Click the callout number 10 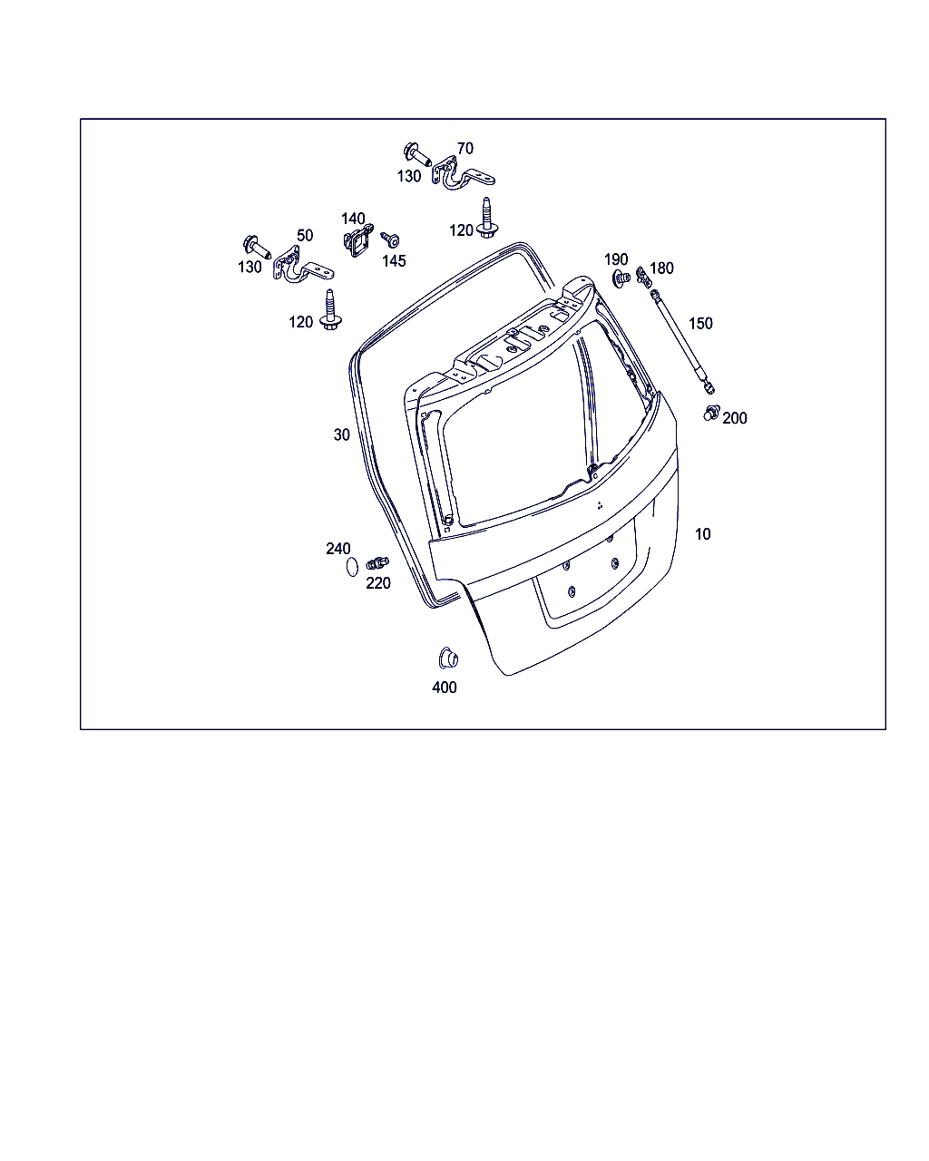[x=702, y=534]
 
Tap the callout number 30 [x=342, y=434]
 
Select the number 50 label [x=305, y=235]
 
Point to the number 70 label [x=464, y=149]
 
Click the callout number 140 [x=353, y=219]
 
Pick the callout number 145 [x=394, y=261]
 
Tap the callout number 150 [x=700, y=323]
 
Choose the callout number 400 [x=445, y=688]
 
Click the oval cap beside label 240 [x=352, y=567]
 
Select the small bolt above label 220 [x=377, y=563]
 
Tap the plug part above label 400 [x=448, y=659]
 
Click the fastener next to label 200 [x=711, y=414]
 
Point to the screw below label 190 [x=621, y=279]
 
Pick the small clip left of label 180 [x=642, y=275]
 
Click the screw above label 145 [x=390, y=239]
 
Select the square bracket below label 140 [x=357, y=240]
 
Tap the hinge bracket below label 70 [x=462, y=175]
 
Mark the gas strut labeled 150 [x=682, y=343]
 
